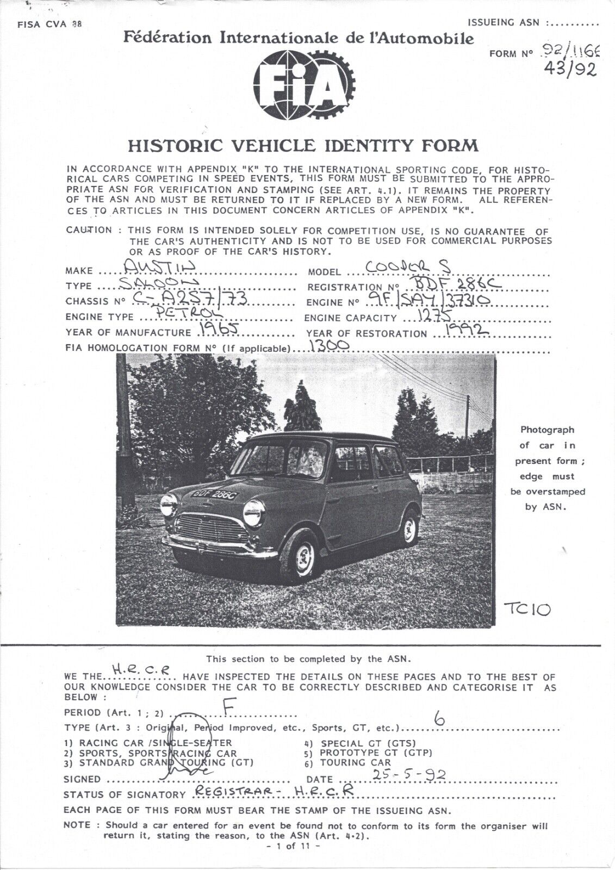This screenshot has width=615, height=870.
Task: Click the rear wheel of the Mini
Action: (x=409, y=525)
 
